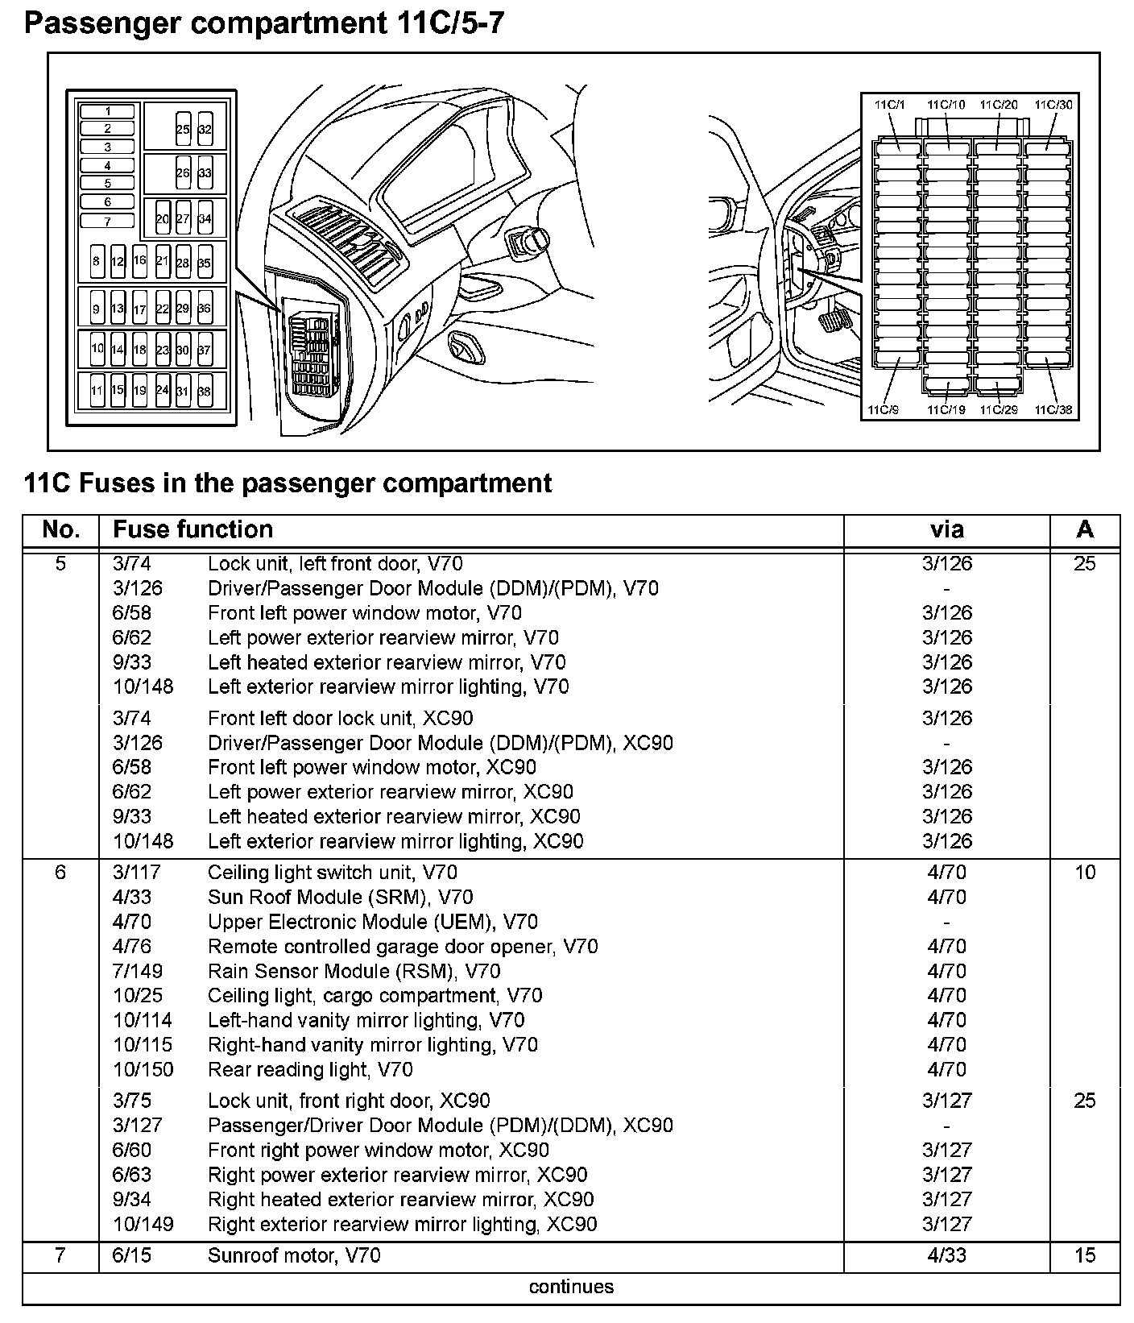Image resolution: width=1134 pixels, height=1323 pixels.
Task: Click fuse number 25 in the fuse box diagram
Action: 183,129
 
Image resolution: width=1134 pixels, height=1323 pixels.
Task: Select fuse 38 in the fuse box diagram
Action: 205,391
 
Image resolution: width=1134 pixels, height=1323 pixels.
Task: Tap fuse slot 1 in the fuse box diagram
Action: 107,111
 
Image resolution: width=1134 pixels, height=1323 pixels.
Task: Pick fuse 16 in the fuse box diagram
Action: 139,260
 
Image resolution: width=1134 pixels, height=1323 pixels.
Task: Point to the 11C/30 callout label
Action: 1053,105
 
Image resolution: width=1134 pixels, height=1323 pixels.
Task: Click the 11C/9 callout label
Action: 882,410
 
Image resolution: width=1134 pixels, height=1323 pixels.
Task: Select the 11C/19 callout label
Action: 946,410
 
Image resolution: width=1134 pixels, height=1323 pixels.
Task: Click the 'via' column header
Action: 946,529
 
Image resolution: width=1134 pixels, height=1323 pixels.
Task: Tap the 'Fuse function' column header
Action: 192,529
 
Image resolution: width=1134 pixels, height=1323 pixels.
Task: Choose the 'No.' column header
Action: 60,529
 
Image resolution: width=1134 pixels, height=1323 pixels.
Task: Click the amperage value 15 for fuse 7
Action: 1085,1255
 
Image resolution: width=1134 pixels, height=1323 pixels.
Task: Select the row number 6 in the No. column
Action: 60,873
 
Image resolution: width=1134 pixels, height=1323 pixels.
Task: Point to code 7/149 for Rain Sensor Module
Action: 137,971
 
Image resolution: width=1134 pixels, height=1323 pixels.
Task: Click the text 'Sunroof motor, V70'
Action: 294,1255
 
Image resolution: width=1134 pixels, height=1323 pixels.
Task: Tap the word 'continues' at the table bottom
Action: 571,1287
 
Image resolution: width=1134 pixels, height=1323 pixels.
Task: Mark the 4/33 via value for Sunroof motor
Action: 946,1255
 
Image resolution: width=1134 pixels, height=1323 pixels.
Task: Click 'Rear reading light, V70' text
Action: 310,1069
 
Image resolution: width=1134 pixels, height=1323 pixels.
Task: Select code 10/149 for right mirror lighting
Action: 143,1224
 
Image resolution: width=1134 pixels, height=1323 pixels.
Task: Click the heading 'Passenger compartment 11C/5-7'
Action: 264,23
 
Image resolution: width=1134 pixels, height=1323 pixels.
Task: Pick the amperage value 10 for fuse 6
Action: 1085,873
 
